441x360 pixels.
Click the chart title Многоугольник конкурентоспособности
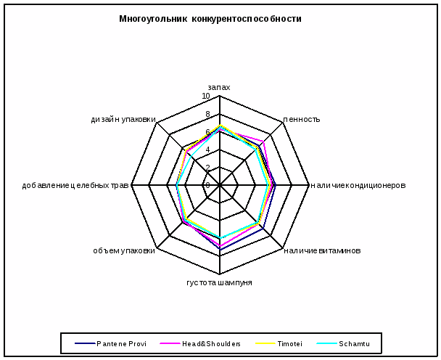coord(210,19)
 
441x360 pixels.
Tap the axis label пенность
coord(302,120)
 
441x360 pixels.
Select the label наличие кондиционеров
coord(358,185)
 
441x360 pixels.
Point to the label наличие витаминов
coord(322,251)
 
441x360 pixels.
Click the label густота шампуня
coord(219,282)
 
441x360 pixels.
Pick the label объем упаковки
coord(124,251)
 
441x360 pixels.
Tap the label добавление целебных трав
coord(75,185)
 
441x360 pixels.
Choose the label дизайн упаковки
coord(123,120)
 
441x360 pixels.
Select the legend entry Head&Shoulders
coord(211,343)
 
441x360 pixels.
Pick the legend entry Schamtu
coord(354,343)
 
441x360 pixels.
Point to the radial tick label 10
coord(206,97)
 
